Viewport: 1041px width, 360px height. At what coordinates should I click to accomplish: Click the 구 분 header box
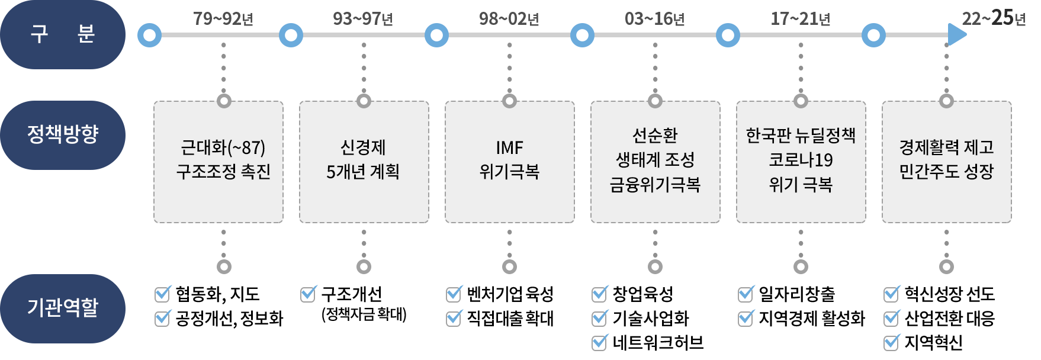63,34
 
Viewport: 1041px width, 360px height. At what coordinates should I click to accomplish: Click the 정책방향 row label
63,135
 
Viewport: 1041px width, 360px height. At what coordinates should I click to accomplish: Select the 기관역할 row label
63,308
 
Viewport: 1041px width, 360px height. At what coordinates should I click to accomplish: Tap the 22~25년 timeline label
993,18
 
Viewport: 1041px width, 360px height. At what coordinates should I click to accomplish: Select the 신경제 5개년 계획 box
364,162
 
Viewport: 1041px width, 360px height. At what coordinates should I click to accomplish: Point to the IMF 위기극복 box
509,162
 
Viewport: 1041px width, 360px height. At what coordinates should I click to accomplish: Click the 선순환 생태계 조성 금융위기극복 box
655,162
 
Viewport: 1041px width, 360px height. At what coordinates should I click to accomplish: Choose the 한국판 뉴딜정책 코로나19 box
801,162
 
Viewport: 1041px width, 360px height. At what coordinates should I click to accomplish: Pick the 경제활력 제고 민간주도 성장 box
946,162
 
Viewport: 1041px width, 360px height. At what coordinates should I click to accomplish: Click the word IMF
509,147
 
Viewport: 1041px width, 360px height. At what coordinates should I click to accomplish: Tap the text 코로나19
801,160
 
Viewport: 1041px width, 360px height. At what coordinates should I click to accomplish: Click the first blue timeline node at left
149,36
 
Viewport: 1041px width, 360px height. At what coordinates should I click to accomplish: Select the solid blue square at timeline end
957,35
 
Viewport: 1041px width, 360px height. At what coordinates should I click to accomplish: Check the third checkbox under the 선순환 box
600,342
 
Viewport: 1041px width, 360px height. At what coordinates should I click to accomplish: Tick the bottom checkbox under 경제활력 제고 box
892,342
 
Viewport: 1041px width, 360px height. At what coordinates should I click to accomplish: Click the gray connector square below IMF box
509,267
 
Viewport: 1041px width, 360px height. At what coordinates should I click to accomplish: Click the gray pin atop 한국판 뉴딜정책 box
801,100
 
